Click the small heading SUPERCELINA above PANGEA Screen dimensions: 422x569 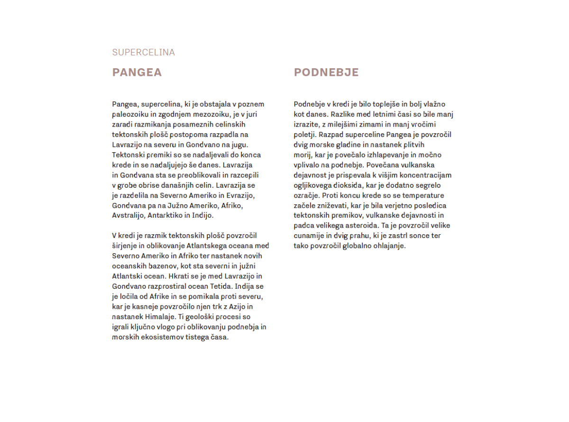[143, 53]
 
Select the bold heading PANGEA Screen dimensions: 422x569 [137, 73]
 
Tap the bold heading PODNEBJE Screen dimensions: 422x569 [326, 73]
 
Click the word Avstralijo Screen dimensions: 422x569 [128, 215]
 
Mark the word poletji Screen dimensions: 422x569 [304, 135]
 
